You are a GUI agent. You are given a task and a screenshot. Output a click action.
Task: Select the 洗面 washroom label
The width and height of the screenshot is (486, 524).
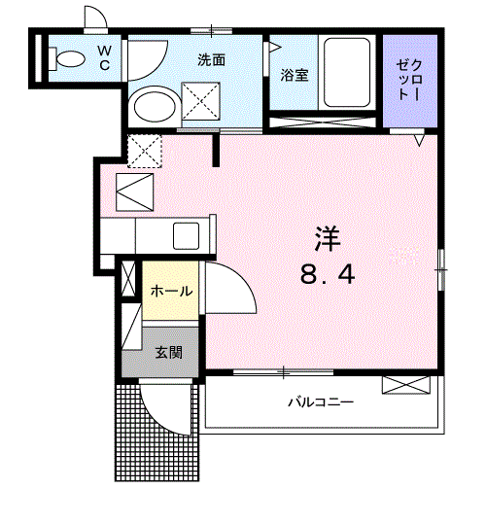click(x=212, y=59)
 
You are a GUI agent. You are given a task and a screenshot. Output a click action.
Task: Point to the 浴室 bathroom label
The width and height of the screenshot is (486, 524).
click(x=295, y=74)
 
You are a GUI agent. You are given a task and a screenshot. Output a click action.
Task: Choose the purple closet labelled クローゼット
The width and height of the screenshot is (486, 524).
click(x=409, y=82)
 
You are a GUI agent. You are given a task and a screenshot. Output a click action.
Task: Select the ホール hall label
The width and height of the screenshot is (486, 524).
click(x=170, y=291)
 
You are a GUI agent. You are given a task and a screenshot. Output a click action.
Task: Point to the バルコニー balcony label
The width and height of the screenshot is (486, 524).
click(x=320, y=402)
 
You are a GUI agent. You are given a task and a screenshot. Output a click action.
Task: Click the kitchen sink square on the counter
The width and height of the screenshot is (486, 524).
click(x=187, y=235)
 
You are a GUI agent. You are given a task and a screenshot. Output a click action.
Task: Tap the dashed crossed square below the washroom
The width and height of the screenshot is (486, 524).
click(x=144, y=151)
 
